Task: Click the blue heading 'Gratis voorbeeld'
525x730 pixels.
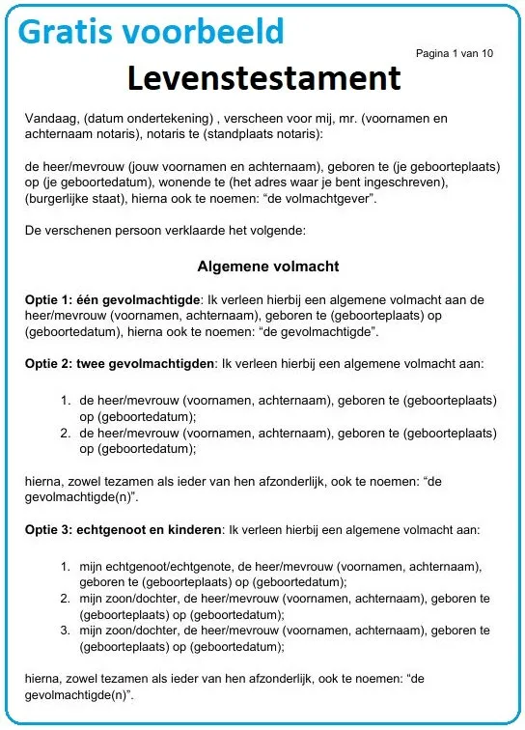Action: (152, 32)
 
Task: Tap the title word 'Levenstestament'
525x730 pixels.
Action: (263, 78)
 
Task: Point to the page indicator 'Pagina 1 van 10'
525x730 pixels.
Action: (454, 53)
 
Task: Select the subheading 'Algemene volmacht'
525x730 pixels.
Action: (267, 266)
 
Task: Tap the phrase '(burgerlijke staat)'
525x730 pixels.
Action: (71, 198)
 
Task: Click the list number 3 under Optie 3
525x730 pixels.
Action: (66, 631)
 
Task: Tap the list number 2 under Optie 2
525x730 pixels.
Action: (66, 434)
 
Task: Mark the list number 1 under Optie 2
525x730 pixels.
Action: (66, 399)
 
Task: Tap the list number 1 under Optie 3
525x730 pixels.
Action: (66, 565)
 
